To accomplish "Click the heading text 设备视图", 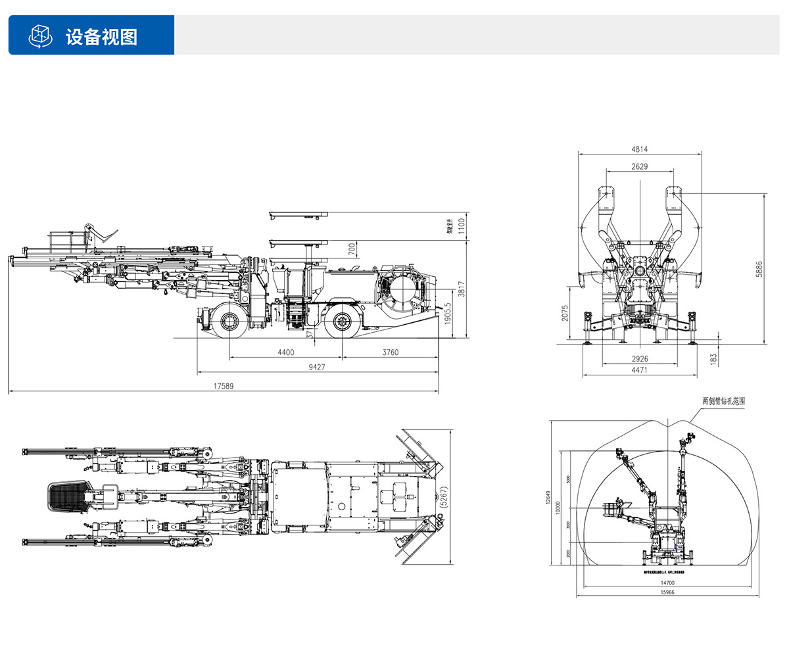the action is point(101,36).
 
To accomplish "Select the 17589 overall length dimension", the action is point(223,386).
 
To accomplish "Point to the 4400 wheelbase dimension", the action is point(285,352).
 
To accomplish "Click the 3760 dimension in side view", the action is point(390,352).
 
